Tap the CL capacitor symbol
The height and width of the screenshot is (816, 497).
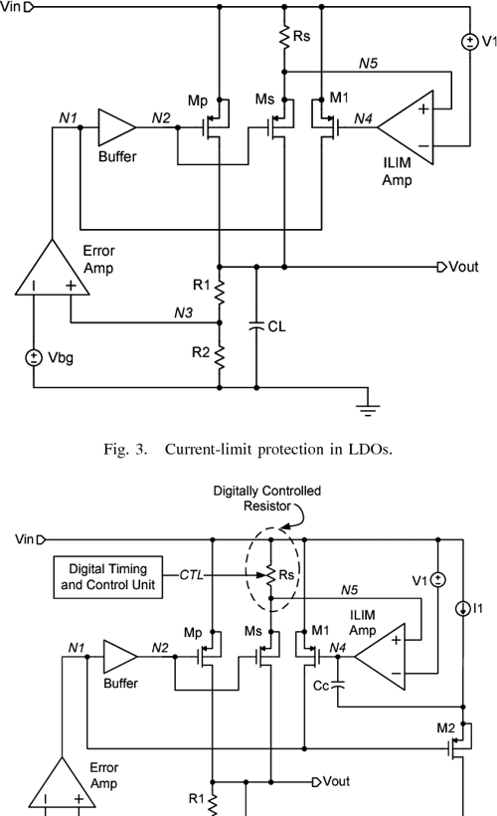(x=256, y=323)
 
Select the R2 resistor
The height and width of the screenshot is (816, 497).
(x=220, y=353)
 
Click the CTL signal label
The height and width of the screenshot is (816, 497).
(x=191, y=574)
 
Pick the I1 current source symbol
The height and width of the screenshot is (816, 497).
(x=464, y=610)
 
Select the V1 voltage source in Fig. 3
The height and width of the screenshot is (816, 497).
(x=465, y=42)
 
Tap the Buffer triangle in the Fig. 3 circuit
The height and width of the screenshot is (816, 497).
(x=115, y=127)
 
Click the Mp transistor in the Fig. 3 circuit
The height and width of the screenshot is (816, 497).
(x=212, y=127)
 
